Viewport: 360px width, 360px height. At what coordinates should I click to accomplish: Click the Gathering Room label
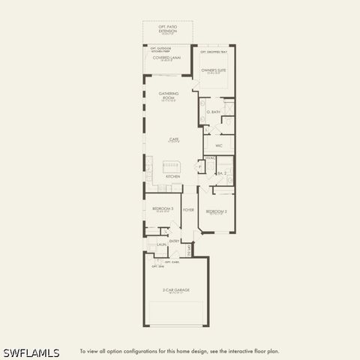point(168,95)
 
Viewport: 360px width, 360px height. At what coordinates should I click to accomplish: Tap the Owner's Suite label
point(213,70)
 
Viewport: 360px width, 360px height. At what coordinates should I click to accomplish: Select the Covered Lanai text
point(167,57)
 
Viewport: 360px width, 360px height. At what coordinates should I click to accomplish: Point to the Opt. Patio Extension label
point(167,29)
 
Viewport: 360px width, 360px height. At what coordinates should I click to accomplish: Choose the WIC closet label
point(219,145)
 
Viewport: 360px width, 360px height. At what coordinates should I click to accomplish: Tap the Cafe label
point(173,139)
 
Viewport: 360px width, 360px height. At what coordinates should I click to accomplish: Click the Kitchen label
point(172,176)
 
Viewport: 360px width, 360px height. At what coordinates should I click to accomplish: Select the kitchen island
point(172,166)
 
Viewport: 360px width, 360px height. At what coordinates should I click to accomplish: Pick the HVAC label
point(211,158)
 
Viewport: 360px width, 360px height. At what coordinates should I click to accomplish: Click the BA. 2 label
point(223,172)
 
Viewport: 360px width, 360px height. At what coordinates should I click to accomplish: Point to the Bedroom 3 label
point(163,208)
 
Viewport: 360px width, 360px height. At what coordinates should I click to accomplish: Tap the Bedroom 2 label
point(216,211)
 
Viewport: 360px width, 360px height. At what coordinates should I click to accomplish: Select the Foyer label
point(188,210)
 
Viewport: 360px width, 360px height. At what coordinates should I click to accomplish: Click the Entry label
point(174,241)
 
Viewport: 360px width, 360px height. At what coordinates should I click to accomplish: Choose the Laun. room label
point(161,244)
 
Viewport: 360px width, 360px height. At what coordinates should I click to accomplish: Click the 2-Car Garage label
point(175,289)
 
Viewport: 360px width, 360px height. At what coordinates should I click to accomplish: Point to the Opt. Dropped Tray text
point(213,52)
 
